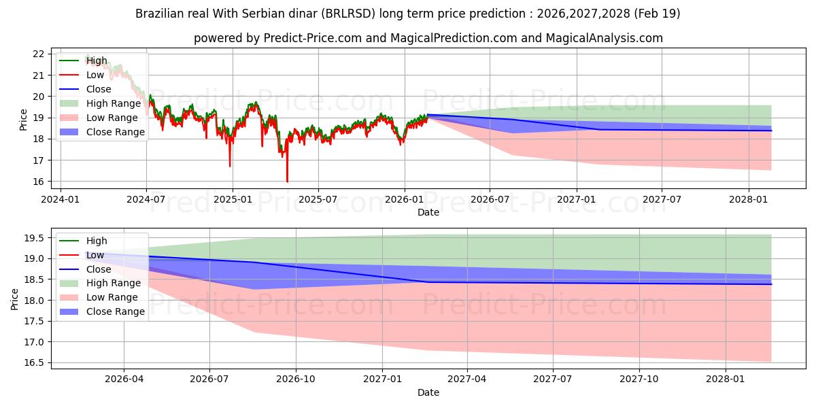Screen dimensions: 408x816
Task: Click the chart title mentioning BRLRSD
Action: (408, 14)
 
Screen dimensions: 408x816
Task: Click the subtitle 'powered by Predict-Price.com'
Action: (428, 38)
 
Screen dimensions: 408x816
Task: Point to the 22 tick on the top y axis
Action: (38, 54)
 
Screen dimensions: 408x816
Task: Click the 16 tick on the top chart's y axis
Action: (38, 182)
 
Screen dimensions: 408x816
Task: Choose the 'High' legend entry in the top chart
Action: (97, 61)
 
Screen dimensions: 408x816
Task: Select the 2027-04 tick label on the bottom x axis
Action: (468, 379)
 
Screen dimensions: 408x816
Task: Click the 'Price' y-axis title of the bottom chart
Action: (16, 299)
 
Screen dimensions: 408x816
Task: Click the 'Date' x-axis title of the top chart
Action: (428, 212)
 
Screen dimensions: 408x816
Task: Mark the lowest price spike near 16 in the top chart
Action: (287, 181)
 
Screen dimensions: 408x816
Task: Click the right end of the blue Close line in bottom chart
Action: (771, 284)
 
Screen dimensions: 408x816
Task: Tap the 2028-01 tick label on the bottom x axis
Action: (726, 379)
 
